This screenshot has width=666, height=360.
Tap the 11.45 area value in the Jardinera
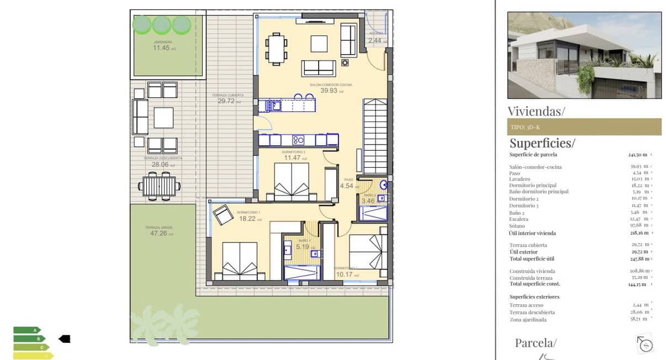[x=162, y=48]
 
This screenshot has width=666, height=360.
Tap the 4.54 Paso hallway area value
[x=347, y=186]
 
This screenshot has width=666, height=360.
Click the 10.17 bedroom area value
[x=344, y=274]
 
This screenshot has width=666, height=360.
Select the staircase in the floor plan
[x=375, y=136]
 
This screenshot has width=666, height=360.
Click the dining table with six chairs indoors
[x=277, y=48]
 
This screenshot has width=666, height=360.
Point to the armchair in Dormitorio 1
[x=224, y=215]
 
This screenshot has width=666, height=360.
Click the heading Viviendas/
[x=536, y=111]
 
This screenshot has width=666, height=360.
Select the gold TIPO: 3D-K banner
[x=584, y=127]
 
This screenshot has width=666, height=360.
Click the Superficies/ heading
[x=542, y=143]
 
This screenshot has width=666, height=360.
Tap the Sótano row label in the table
[x=517, y=226]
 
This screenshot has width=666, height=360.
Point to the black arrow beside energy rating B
[x=65, y=338]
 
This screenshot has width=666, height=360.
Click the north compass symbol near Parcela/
[x=645, y=343]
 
